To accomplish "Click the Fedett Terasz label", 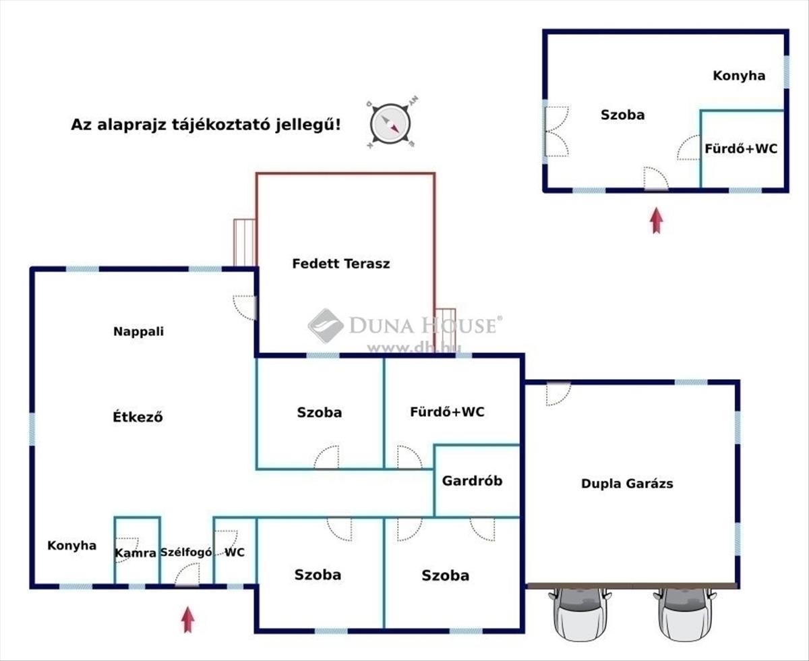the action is [x=341, y=264].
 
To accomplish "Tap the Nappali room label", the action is [x=138, y=331].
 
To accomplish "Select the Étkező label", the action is [x=138, y=416].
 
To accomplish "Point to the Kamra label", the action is [x=136, y=553].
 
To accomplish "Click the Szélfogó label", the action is [x=186, y=552].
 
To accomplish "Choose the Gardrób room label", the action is [x=472, y=481].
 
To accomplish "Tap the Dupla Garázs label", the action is [x=627, y=484].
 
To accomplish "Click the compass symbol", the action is [x=391, y=123].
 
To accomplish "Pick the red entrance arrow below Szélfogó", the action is [x=187, y=619].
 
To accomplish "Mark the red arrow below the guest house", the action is [x=657, y=221].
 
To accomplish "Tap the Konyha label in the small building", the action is [x=739, y=76].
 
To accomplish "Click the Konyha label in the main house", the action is [x=71, y=546].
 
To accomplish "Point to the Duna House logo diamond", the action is [x=326, y=325].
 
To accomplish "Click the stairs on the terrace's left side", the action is [x=244, y=242].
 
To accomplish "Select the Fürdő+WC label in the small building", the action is [x=741, y=148].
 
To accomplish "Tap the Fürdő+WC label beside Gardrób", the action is [x=447, y=412].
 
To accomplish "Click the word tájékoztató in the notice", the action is [x=220, y=125].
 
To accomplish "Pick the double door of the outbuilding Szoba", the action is [x=556, y=132].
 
